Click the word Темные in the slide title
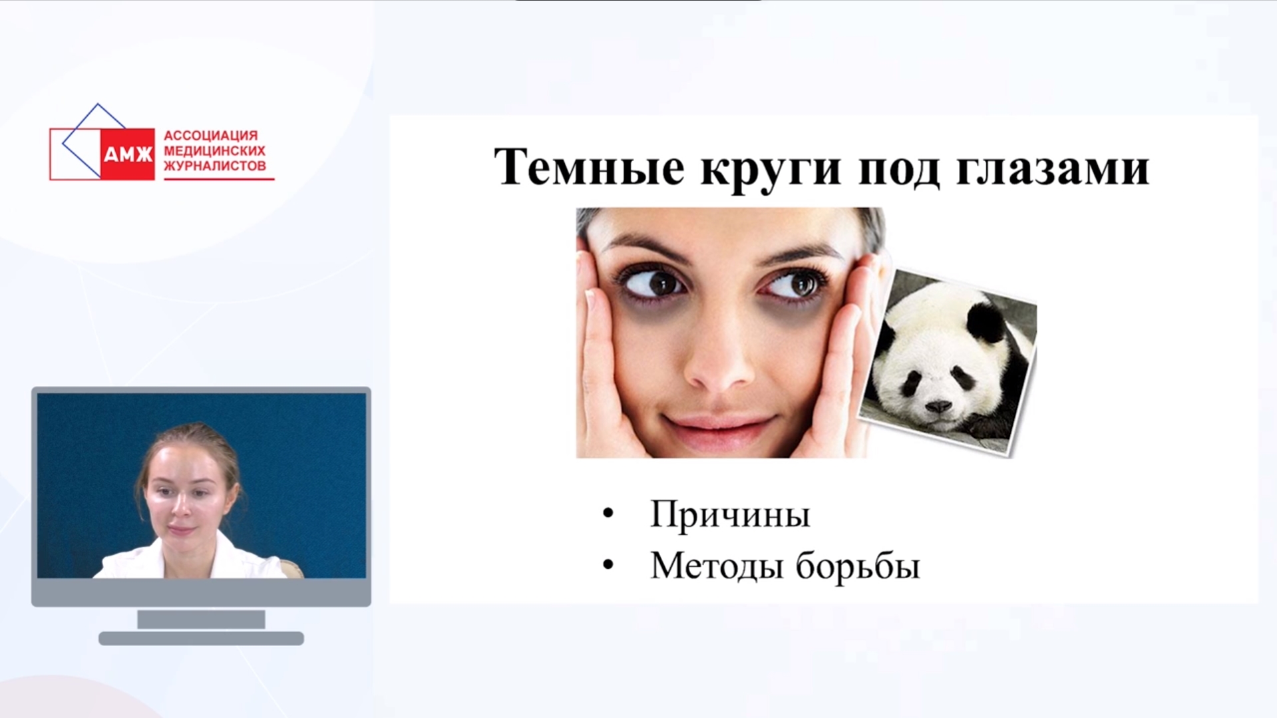pos(589,167)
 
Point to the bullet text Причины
pos(730,514)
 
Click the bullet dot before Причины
pos(608,514)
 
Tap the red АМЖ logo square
pos(127,154)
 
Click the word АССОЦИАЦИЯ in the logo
pos(210,136)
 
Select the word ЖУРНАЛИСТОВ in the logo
pos(215,166)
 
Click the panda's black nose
pos(938,406)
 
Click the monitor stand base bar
pos(201,638)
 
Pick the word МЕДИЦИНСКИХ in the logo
pos(214,151)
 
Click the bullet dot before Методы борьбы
pos(608,565)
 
